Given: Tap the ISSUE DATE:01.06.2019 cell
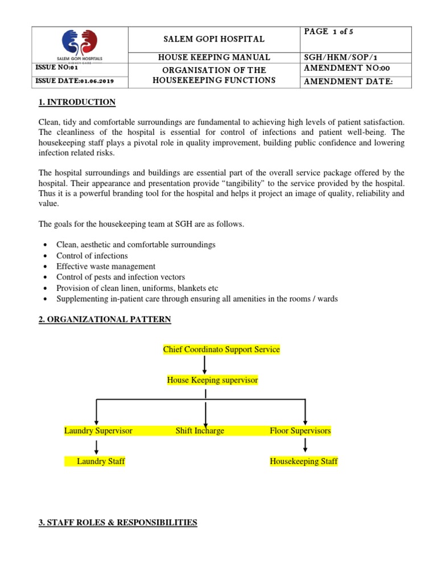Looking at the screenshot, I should pos(75,81).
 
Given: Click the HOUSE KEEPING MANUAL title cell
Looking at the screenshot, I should pos(214,57).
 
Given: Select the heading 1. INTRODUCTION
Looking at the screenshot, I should pos(77,102).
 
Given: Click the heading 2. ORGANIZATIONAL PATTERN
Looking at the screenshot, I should pos(104,319).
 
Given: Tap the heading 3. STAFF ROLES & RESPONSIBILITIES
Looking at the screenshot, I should pos(117,522).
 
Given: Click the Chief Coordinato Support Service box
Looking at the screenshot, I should pos(221,349).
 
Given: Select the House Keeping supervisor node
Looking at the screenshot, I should pos(212,380).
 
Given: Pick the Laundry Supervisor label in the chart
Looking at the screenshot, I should pos(98,430).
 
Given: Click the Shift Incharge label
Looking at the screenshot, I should pos(200,430).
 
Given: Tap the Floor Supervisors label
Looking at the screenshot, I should pos(300,430).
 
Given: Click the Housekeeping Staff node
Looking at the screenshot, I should pos(303,461).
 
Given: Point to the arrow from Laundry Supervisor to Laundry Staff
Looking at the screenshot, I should pos(96,446).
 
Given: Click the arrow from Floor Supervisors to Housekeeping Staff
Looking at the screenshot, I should pos(306,446).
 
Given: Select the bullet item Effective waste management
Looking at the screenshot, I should pos(106,266).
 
